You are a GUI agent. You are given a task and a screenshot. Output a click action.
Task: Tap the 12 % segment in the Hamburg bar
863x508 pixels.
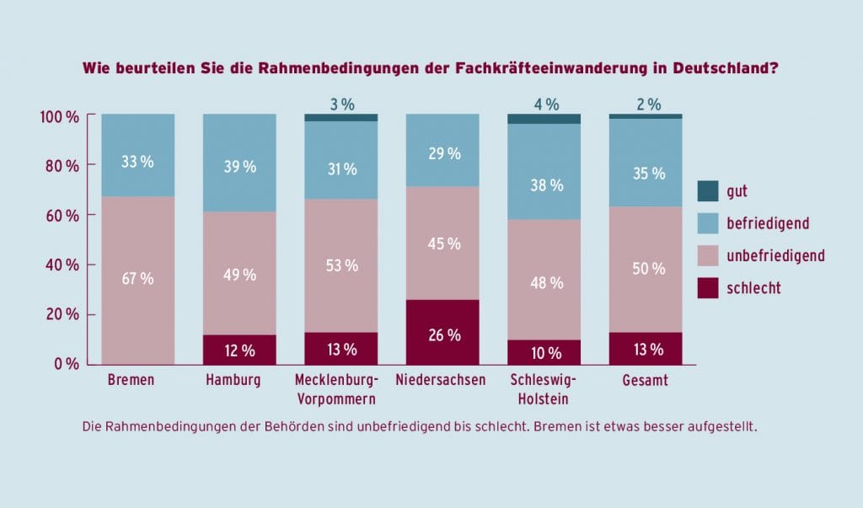(239, 349)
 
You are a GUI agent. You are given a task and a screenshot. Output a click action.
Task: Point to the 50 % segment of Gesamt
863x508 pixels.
(646, 269)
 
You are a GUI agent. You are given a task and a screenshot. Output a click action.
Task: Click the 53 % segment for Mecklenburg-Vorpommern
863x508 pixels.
(340, 265)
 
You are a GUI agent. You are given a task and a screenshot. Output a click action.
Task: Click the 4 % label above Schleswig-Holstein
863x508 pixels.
(545, 104)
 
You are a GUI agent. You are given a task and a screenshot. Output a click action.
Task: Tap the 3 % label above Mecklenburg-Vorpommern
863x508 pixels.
(341, 104)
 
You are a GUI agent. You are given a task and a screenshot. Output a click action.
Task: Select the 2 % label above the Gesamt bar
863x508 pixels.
(646, 104)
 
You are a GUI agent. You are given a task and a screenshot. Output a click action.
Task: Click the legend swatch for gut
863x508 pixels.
(708, 191)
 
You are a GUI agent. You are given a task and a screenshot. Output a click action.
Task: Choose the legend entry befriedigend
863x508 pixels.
(767, 223)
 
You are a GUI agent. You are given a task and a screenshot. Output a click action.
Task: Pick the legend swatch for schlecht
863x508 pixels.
(708, 287)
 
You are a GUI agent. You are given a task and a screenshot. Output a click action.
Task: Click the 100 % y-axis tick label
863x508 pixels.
(59, 116)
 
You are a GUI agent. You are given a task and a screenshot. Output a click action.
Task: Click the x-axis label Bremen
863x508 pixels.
(131, 380)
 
